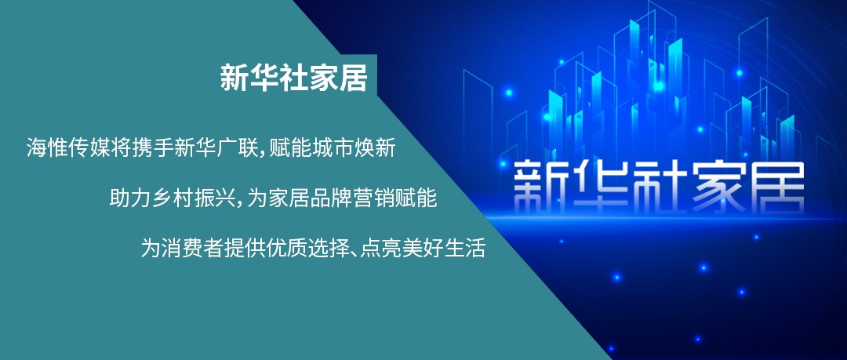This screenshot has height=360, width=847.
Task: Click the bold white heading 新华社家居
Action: coord(293,78)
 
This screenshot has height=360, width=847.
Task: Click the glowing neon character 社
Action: coord(655,187)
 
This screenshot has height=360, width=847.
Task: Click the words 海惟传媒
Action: coord(68,147)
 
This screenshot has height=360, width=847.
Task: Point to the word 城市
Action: coord(333,147)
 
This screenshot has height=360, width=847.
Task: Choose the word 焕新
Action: coord(375,147)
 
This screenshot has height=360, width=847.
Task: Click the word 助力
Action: coord(130,198)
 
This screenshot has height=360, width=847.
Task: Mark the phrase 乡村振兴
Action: coord(194,198)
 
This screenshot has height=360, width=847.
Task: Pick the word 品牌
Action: coord(331,198)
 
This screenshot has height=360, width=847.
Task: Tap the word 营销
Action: coord(373,198)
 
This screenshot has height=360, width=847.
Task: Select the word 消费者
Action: coord(193,248)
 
